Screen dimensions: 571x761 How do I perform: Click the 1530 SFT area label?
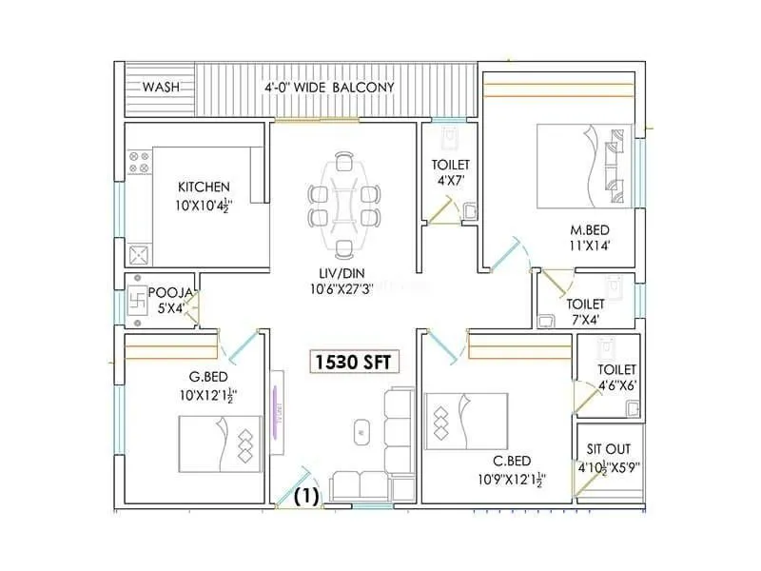coord(352,363)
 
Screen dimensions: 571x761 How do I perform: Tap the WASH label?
coord(162,88)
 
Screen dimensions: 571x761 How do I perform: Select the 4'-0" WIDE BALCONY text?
coord(329,88)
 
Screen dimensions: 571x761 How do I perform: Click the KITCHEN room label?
coord(204,187)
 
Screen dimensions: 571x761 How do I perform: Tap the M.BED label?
coord(589,229)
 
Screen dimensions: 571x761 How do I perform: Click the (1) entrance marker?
coord(306,495)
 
